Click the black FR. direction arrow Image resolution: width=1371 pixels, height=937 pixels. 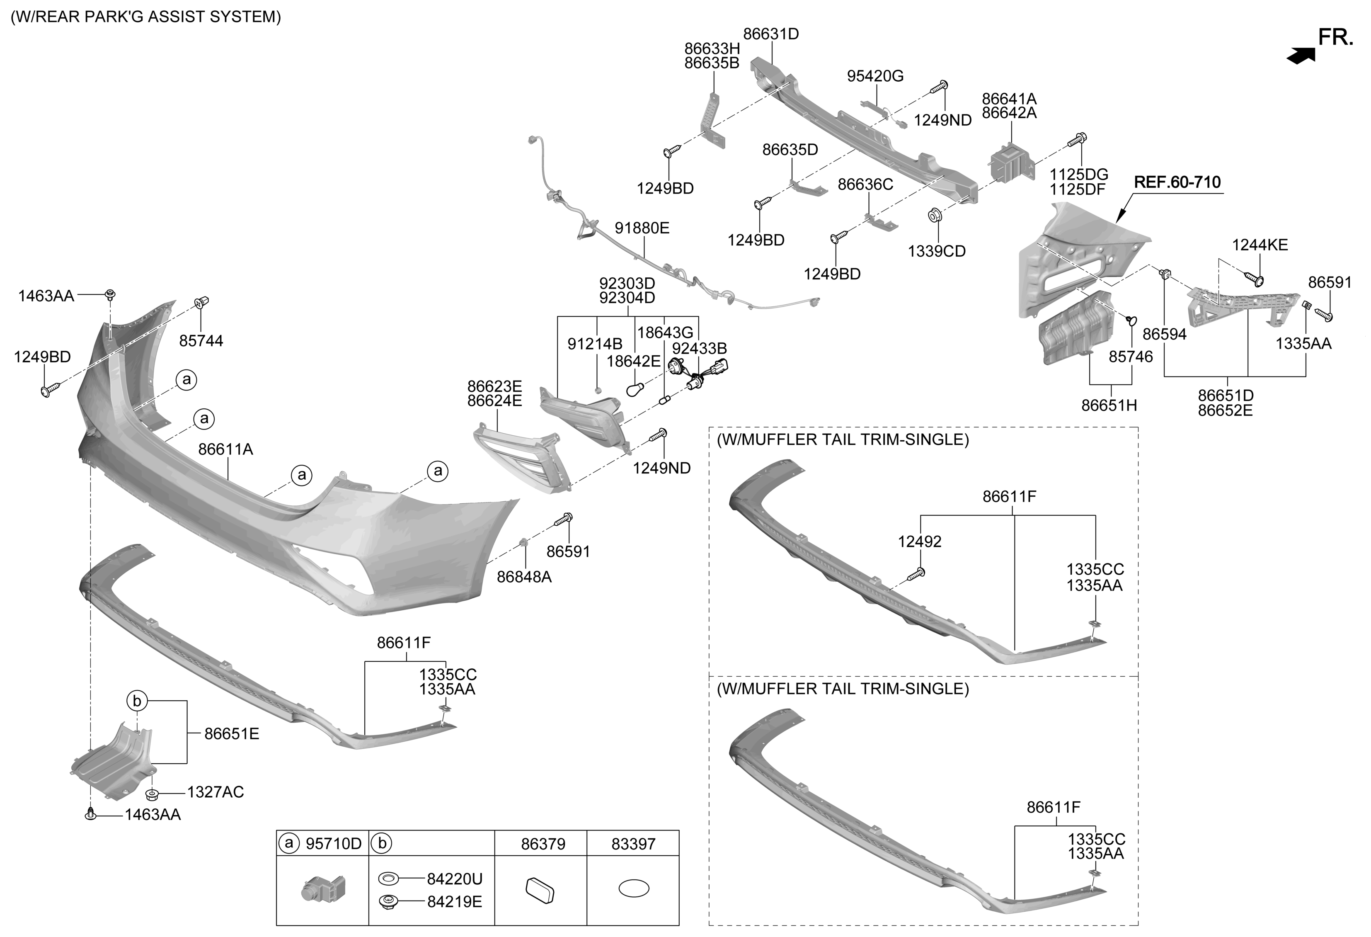[1301, 55]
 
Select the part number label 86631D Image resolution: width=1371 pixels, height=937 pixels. [770, 34]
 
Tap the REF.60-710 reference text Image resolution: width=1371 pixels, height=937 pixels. [1177, 182]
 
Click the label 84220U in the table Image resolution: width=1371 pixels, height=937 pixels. [454, 879]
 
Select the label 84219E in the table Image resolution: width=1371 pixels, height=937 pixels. [454, 902]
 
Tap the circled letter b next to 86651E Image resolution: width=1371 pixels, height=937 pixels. [136, 701]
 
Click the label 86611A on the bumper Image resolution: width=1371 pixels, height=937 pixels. [225, 449]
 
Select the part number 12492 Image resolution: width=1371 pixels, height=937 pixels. [919, 541]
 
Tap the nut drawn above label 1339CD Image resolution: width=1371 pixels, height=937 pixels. [935, 215]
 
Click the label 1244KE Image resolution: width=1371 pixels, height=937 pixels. [1260, 245]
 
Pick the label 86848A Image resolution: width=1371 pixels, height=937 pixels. [524, 577]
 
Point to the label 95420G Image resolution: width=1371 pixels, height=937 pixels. [875, 76]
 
